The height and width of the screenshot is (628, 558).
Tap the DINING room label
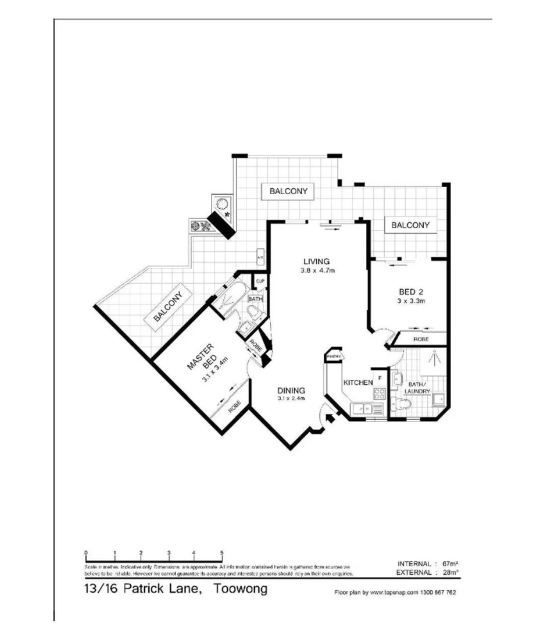pos(291,390)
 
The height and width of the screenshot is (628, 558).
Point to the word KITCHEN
pos(357,383)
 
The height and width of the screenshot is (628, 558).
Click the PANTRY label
pos(333,356)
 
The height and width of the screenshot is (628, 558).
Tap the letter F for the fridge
pos(379,378)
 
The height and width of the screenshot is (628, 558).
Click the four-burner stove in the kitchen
pos(379,393)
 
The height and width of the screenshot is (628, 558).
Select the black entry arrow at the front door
pos(331,417)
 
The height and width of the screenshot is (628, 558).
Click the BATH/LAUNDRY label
pos(418,388)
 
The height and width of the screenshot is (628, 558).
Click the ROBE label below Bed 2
pos(421,338)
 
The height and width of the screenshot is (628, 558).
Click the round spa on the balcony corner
pos(223,205)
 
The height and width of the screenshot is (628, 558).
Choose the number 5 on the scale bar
pos(221,553)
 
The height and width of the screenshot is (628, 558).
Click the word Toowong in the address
pos(241,588)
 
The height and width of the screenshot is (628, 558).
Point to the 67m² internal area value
pos(448,564)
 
